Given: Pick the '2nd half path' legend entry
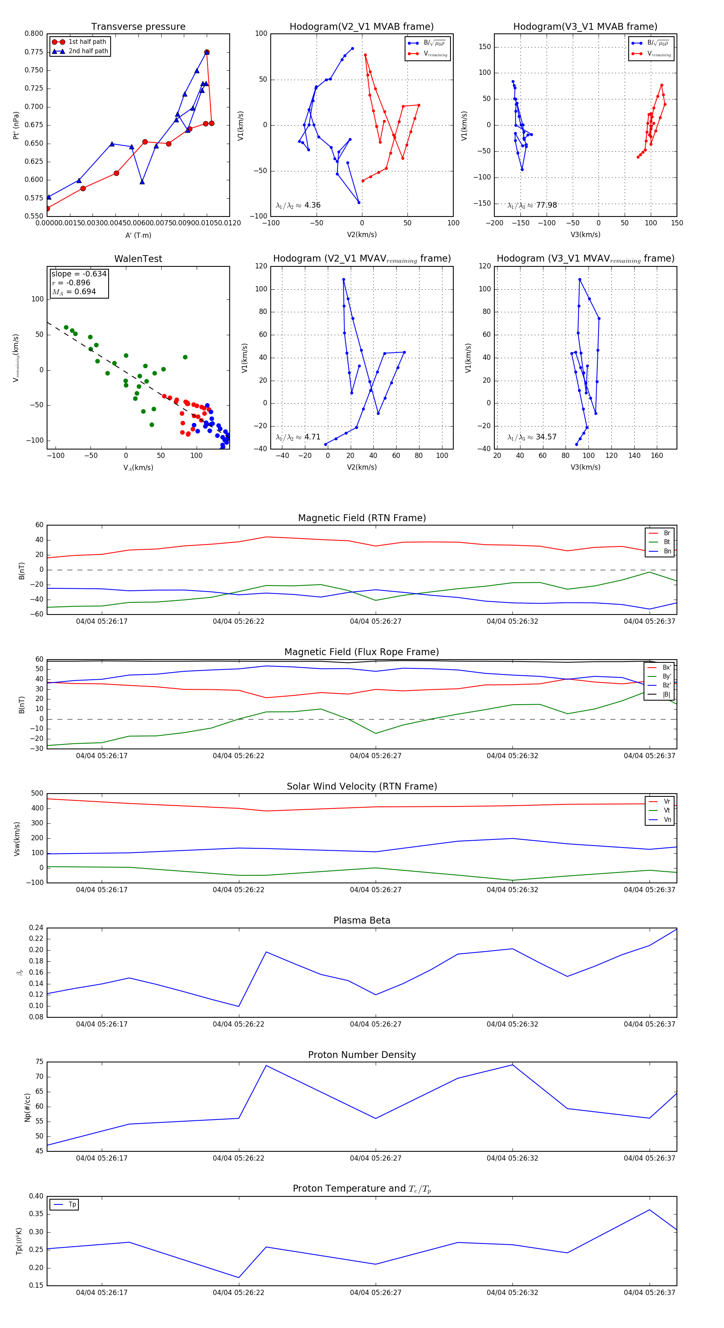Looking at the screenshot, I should click(x=88, y=51).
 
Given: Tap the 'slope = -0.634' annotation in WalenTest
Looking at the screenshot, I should click(x=79, y=274).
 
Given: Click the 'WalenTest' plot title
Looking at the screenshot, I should click(x=138, y=259).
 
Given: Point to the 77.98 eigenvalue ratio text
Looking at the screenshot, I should click(x=532, y=205).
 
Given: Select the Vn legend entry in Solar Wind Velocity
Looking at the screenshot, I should click(x=667, y=820).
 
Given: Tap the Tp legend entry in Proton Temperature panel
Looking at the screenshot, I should click(x=72, y=1204).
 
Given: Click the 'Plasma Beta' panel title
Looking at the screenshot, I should click(x=362, y=920).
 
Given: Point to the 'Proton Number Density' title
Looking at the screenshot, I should click(x=362, y=1055).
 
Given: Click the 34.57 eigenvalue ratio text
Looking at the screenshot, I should click(x=532, y=437).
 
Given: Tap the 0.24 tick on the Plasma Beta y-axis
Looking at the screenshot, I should click(x=36, y=928).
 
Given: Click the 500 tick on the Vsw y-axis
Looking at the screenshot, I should click(x=37, y=794).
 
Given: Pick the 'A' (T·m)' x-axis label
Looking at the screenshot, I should click(x=138, y=235).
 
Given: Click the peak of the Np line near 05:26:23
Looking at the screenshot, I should click(x=266, y=1066).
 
